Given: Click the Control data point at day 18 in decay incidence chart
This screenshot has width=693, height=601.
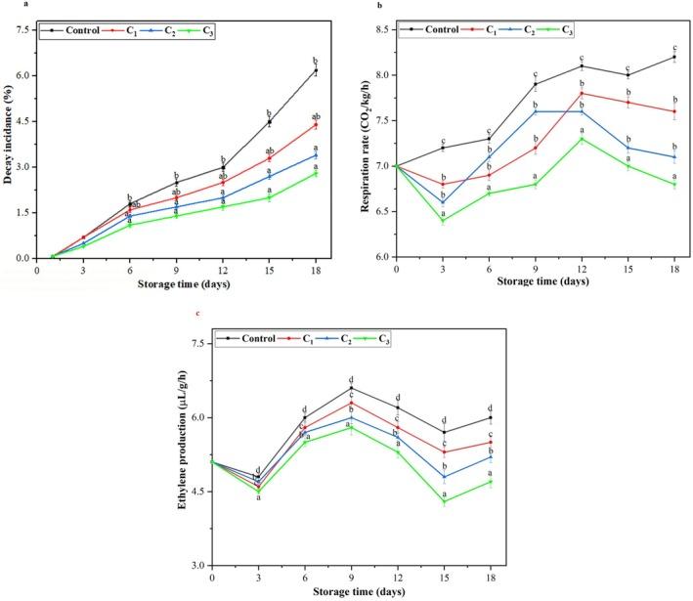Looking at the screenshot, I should click(x=316, y=70).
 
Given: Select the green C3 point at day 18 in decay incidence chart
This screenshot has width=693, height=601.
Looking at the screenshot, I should click(x=316, y=173).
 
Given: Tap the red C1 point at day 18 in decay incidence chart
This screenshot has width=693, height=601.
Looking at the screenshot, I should click(x=316, y=124).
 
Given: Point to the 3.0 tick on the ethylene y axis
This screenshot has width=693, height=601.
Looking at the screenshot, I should click(x=198, y=565).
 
